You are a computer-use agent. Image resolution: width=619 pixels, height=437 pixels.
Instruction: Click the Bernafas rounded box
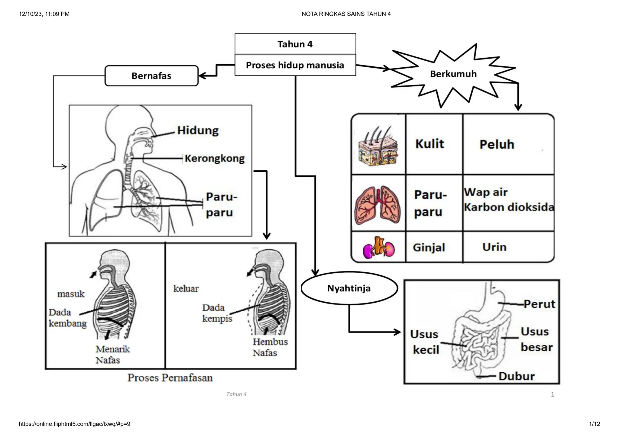[151, 76]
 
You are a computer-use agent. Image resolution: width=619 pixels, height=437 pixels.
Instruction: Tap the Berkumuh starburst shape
[453, 74]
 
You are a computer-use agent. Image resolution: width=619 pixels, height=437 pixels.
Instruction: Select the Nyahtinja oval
[349, 288]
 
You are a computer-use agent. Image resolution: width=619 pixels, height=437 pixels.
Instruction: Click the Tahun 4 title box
[295, 44]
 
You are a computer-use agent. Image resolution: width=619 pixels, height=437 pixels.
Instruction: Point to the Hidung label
[198, 130]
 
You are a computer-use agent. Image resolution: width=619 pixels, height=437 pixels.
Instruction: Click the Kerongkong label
[215, 158]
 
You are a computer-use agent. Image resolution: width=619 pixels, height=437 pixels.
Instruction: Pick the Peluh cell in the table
[497, 144]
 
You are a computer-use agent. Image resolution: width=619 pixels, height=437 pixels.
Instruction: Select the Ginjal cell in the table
[429, 247]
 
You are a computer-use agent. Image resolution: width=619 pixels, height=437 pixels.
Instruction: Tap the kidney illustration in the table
[378, 247]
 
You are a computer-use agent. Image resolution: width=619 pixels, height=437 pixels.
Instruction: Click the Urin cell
[494, 247]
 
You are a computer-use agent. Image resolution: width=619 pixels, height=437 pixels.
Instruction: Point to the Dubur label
[516, 376]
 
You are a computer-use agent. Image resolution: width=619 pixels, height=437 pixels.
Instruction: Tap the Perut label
[539, 304]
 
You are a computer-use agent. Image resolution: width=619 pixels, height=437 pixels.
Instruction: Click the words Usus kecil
[425, 342]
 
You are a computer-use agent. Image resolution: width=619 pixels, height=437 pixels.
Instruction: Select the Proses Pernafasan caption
[170, 378]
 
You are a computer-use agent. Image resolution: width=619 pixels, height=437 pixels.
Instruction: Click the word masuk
[71, 294]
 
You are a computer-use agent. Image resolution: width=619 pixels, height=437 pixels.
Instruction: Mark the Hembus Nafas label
[270, 347]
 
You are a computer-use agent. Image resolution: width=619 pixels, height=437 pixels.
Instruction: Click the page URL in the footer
[74, 424]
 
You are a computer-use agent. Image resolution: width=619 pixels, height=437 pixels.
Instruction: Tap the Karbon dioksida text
[509, 207]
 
